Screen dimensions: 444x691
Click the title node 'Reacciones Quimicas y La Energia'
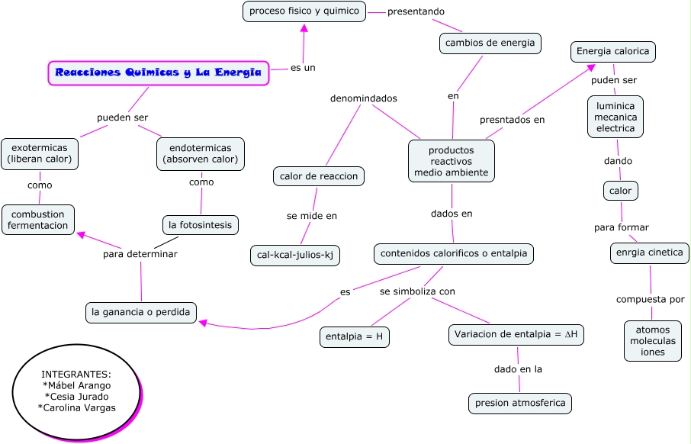coord(159,73)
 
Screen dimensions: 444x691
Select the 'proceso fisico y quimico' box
coord(304,11)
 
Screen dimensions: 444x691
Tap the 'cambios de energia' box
coord(490,43)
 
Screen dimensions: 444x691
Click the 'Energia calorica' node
coord(613,52)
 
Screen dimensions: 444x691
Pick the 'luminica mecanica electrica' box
coord(615,117)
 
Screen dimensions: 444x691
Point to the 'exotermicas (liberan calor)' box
coord(40,153)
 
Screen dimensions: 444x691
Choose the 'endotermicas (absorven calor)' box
coord(201,153)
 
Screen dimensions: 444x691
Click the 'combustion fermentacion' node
coord(39,219)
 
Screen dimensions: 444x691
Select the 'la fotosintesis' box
coord(201,225)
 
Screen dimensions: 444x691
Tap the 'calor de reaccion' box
coord(319,176)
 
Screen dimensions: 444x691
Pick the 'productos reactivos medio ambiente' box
coord(452,161)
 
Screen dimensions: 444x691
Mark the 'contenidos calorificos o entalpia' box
coord(454,253)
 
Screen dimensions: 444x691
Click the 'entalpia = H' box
coord(354,337)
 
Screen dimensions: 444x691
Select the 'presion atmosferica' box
coord(519,403)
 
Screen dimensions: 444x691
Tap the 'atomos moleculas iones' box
coord(652,341)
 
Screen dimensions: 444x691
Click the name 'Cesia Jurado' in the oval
coord(76,396)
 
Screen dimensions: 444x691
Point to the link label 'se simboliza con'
coord(417,291)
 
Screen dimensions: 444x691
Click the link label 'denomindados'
coord(363,98)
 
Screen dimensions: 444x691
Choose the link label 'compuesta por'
coord(651,299)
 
